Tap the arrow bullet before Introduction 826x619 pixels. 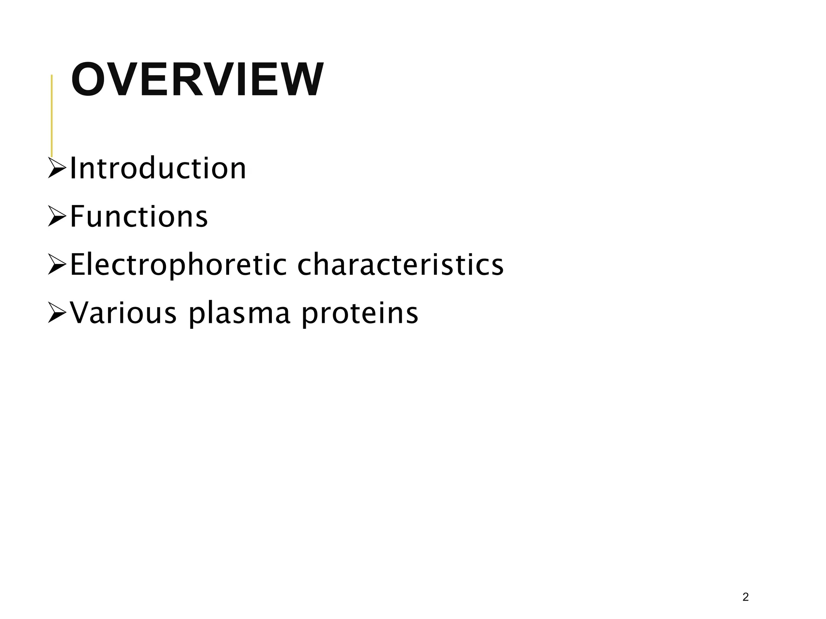click(57, 168)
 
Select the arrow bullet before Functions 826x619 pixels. click(57, 216)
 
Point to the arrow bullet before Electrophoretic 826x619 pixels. click(57, 265)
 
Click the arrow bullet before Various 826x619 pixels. click(57, 313)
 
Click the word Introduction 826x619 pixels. click(158, 168)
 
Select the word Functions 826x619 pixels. click(139, 216)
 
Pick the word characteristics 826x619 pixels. click(400, 265)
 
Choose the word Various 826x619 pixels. click(123, 313)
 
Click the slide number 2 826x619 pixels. click(745, 597)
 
